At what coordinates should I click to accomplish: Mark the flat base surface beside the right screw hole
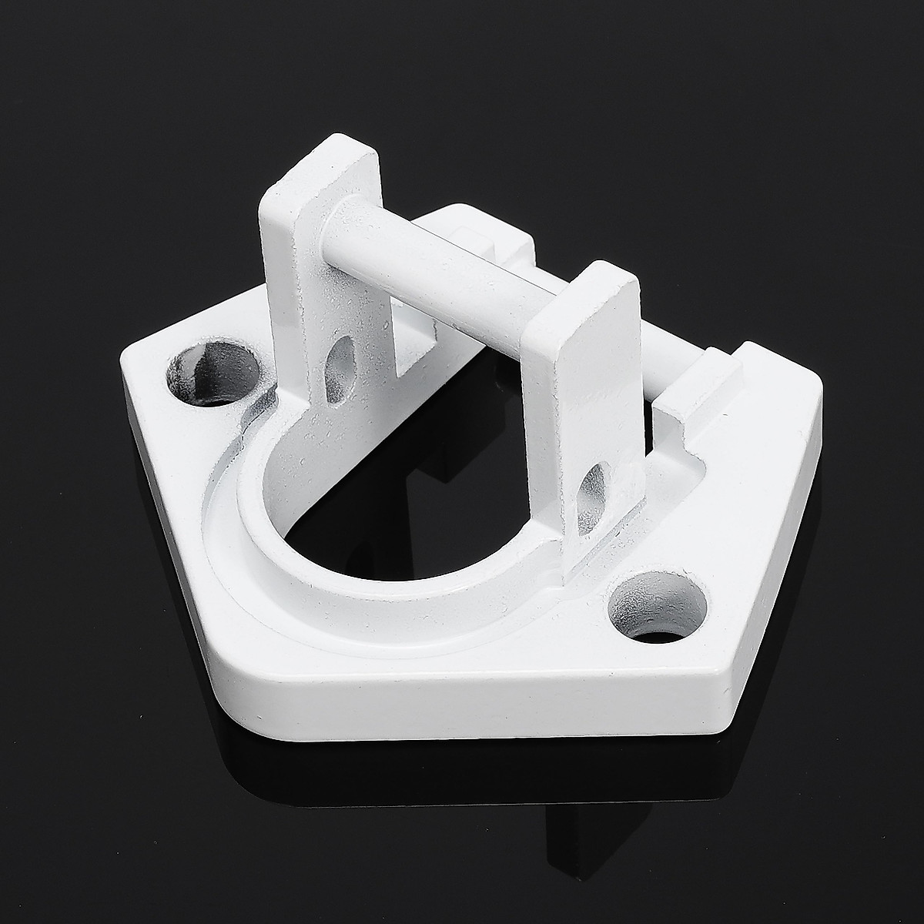coord(716,554)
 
